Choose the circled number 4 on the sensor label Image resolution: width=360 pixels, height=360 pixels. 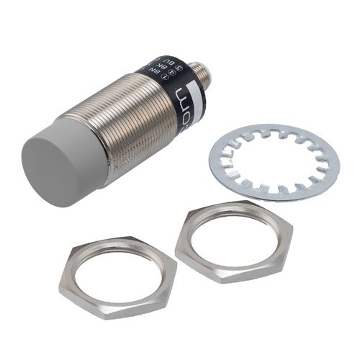tap(163, 61)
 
